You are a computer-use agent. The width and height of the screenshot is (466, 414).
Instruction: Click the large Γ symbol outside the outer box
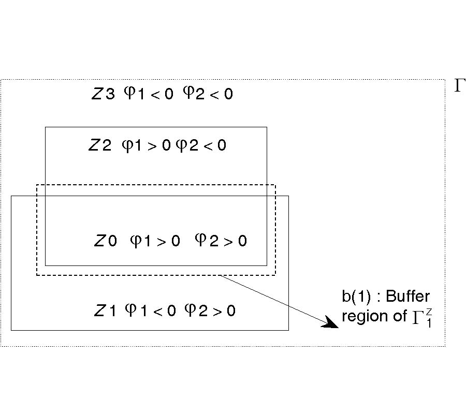pyautogui.click(x=460, y=86)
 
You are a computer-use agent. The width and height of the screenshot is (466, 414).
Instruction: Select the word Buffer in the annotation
pyautogui.click(x=408, y=297)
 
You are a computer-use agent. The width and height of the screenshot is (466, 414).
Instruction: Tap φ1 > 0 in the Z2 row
pyautogui.click(x=145, y=145)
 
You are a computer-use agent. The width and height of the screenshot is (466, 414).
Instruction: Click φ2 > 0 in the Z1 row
pyautogui.click(x=210, y=310)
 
